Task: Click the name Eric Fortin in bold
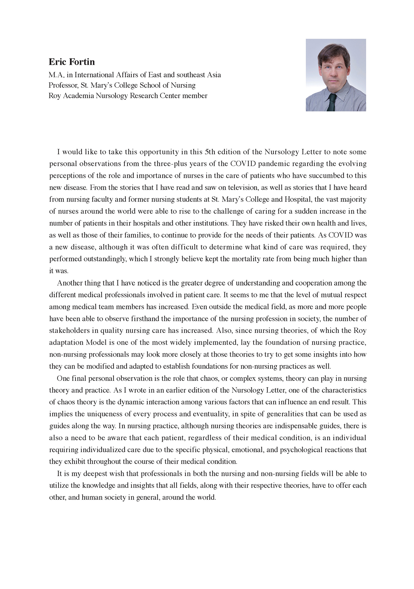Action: [x=72, y=62]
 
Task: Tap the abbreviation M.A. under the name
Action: [x=56, y=75]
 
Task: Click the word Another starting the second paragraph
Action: [x=70, y=283]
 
